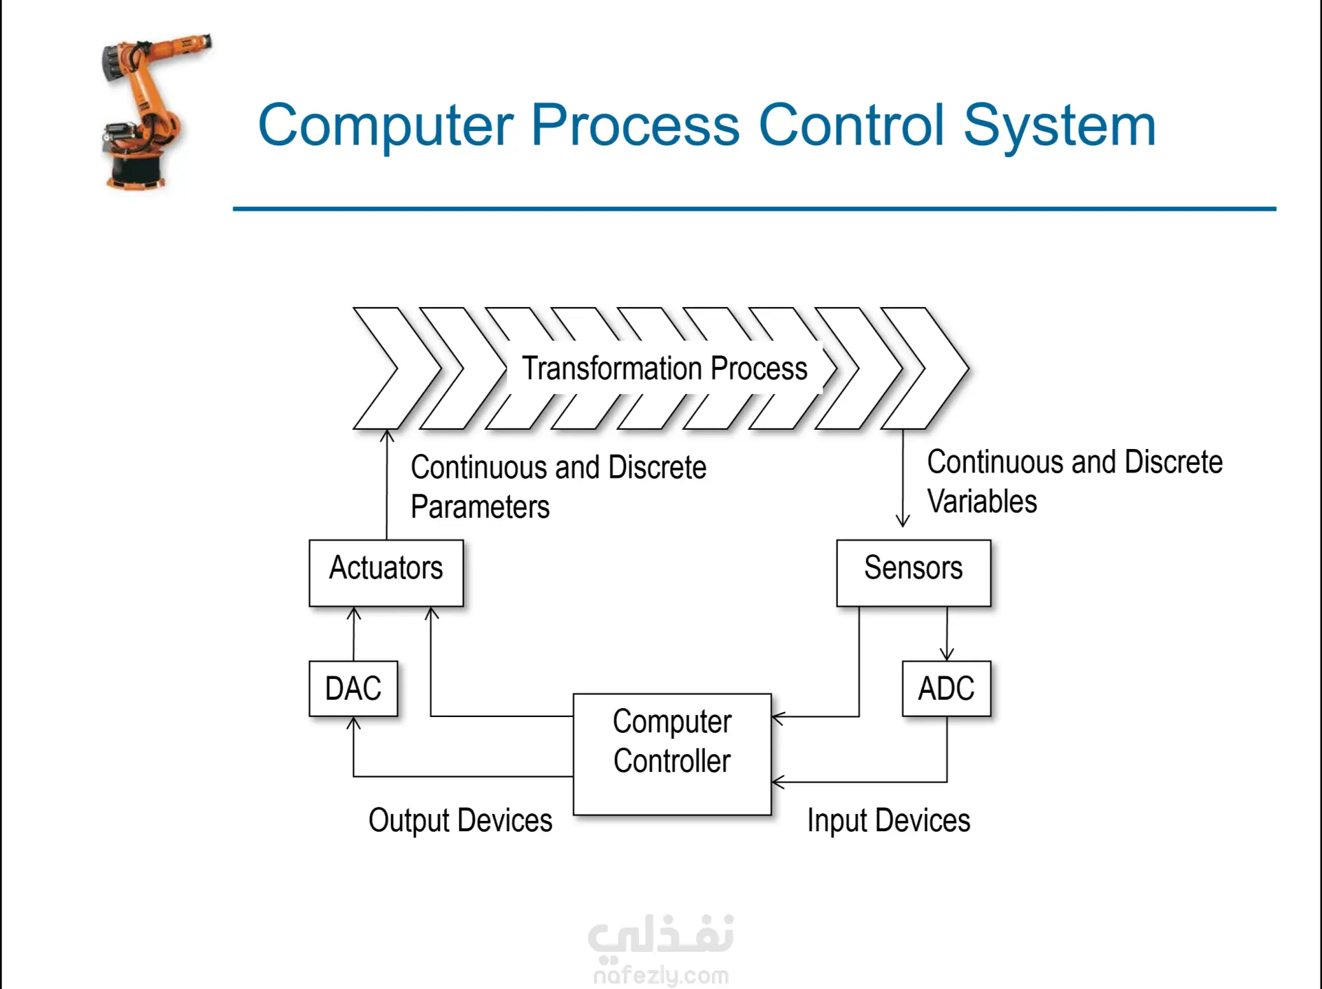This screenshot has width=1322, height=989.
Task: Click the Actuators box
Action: click(386, 573)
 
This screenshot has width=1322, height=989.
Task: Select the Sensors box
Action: click(914, 573)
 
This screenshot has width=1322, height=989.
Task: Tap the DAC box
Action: click(353, 689)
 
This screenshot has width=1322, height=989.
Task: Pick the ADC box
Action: click(947, 689)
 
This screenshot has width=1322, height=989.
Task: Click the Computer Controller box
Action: click(672, 755)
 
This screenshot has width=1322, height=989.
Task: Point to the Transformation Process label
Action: click(664, 368)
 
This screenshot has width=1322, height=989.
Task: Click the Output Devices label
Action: click(461, 821)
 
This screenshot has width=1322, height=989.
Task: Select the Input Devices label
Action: click(889, 821)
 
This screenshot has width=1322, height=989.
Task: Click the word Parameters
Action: click(480, 507)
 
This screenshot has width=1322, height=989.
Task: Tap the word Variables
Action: click(982, 501)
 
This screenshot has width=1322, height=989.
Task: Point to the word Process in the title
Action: click(636, 125)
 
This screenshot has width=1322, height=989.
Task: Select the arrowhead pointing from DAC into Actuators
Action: click(354, 613)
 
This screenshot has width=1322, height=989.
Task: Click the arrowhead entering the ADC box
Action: click(947, 654)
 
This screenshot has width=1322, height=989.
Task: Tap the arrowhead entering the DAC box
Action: click(354, 723)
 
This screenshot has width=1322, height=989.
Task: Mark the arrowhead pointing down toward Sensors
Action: click(903, 521)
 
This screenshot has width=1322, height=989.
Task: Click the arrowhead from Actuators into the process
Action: click(387, 436)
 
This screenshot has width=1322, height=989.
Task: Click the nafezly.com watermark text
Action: click(661, 975)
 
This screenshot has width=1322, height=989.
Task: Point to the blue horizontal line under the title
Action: click(755, 209)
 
